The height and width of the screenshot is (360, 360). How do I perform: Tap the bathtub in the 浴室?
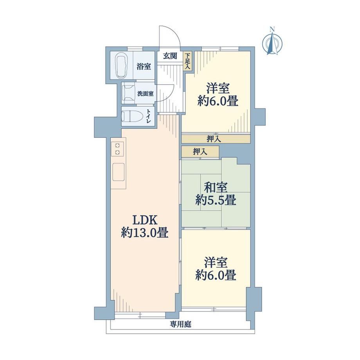[x=122, y=65]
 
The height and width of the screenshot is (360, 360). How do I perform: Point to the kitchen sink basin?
[x=119, y=172]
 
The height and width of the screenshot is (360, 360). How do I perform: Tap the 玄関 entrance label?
[x=170, y=56]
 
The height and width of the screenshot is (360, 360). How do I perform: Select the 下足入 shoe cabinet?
[x=188, y=61]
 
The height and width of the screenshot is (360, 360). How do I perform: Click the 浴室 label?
[x=144, y=67]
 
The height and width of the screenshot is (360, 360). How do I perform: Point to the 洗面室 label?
[x=146, y=94]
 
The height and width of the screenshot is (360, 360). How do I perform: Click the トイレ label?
[x=149, y=117]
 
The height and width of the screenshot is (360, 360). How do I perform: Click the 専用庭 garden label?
[x=180, y=324]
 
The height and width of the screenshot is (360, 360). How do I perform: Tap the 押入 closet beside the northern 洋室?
[x=216, y=139]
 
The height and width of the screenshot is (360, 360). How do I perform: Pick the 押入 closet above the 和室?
[x=200, y=151]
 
